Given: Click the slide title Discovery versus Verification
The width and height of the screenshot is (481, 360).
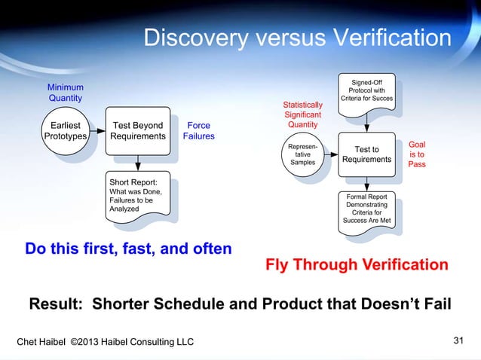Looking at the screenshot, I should [x=297, y=38].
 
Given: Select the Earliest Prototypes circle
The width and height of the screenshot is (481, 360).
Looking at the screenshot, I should [x=65, y=131].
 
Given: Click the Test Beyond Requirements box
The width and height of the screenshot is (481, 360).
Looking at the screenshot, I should [x=137, y=131].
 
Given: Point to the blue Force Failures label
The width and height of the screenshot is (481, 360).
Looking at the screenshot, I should [x=199, y=131].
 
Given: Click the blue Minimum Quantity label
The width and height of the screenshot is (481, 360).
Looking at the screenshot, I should [x=66, y=93].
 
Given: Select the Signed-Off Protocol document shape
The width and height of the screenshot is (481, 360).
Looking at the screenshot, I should [x=366, y=91].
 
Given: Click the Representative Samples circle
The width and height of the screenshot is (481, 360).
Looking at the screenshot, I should [x=303, y=153].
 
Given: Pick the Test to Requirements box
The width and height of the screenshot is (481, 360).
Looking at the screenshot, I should [x=366, y=154].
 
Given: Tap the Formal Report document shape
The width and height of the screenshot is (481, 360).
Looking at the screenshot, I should [x=366, y=209].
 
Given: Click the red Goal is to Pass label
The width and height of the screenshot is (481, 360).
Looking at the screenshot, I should [x=417, y=154].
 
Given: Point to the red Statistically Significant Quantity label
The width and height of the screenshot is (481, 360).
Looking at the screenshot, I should [x=303, y=114].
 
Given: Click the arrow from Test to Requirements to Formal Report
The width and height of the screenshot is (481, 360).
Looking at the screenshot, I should [x=366, y=184].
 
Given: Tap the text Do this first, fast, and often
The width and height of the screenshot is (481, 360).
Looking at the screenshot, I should [x=128, y=249].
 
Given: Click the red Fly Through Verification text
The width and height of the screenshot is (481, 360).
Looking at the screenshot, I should [x=357, y=265].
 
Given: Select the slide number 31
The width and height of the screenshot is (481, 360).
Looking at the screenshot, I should [x=458, y=342].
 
